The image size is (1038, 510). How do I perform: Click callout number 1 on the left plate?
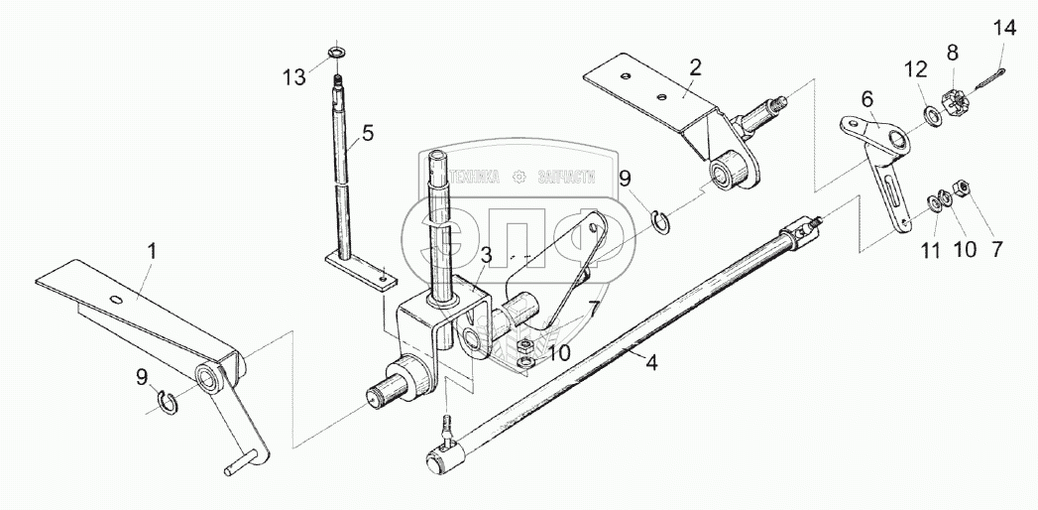153,253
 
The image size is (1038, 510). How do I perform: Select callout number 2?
695,67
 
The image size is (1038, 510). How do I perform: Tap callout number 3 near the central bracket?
486,255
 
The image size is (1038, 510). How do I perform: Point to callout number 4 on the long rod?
650,362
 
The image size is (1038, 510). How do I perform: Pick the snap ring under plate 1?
172,401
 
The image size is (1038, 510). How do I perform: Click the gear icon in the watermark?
519,177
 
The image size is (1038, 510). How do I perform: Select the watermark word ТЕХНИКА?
473,177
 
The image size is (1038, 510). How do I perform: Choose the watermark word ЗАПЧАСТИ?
566,177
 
